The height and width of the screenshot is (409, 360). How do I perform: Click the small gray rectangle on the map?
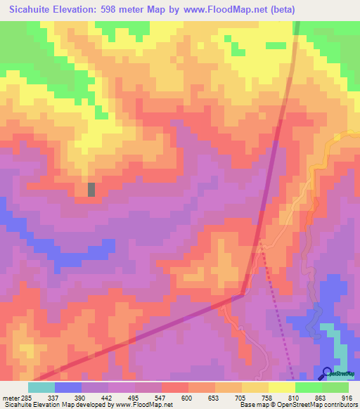pos(91,189)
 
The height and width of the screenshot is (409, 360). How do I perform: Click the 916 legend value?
pos(348,398)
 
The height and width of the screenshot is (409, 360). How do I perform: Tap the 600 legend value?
pos(187,398)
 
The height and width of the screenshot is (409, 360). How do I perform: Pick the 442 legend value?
pos(107,398)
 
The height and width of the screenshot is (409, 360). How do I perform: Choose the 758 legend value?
pos(267,398)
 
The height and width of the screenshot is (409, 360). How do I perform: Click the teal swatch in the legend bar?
pos(41,387)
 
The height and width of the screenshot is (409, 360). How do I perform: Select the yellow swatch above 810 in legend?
pos(281,387)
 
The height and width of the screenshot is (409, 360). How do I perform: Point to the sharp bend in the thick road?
pos(243,296)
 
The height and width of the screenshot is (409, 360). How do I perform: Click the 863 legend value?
pos(321,398)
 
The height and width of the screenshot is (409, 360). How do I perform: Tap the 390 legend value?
pos(80,398)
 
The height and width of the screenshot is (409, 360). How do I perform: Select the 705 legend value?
pos(240,398)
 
